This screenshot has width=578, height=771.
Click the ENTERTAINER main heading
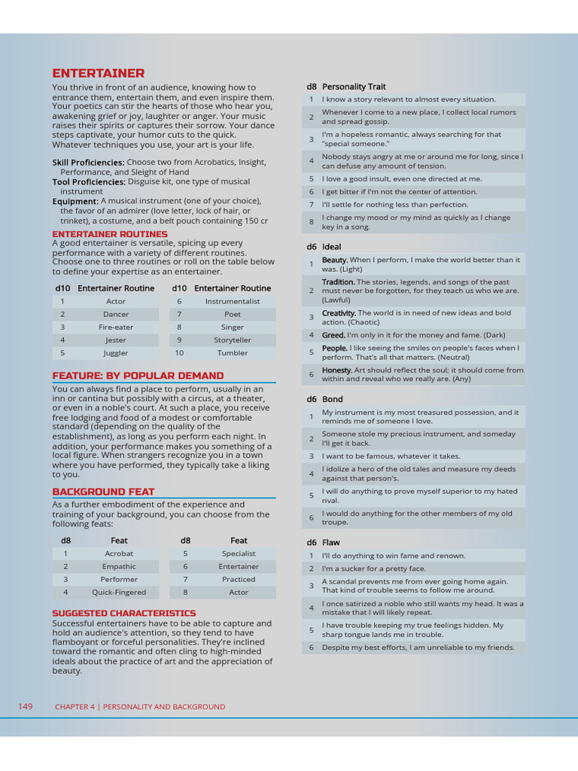click(x=98, y=73)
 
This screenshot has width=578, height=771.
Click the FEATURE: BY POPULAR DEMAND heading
click(x=138, y=376)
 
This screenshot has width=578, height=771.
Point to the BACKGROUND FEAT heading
click(x=103, y=492)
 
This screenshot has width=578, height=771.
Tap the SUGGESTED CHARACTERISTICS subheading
click(x=123, y=613)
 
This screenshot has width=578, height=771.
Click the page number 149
click(x=26, y=706)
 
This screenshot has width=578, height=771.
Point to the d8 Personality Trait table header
click(x=345, y=87)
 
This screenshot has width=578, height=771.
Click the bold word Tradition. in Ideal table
click(x=338, y=282)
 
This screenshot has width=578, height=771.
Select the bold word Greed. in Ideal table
click(x=334, y=335)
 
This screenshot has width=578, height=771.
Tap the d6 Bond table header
click(x=324, y=399)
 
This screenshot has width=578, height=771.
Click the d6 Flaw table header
click(x=322, y=542)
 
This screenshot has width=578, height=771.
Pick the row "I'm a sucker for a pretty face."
click(x=373, y=568)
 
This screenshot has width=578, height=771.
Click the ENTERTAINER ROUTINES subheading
click(x=110, y=234)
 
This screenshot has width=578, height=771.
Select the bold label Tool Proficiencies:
click(x=89, y=182)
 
